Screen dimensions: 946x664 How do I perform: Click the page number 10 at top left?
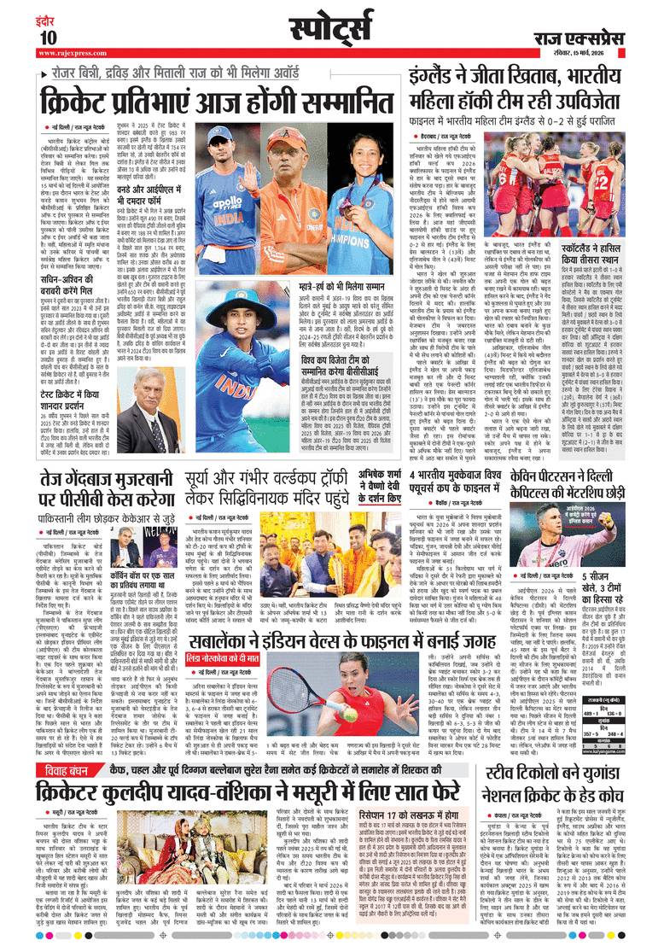[47, 38]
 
